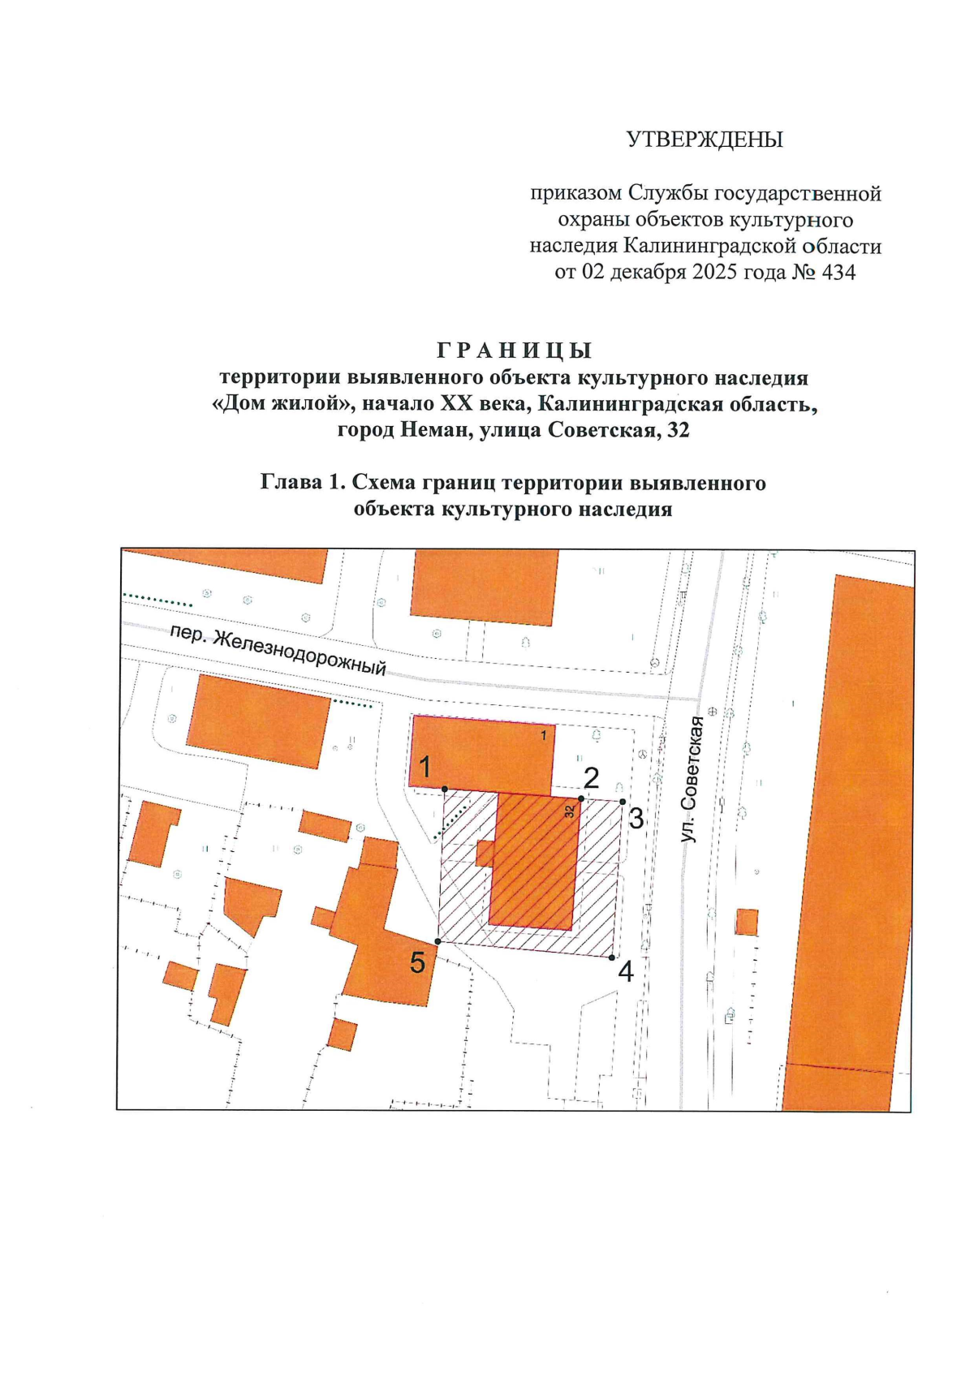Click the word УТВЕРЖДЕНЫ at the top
click(705, 140)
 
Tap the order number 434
click(838, 272)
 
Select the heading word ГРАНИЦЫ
click(515, 351)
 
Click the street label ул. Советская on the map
click(691, 779)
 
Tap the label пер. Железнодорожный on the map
click(278, 651)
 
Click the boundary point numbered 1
click(445, 788)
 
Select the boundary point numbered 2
click(581, 798)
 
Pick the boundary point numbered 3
click(623, 802)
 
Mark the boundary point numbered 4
click(612, 957)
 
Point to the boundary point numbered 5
click(438, 941)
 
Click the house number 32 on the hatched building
click(570, 811)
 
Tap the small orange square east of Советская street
click(747, 923)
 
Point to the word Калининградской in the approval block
click(705, 246)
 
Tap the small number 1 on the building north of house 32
click(544, 735)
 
